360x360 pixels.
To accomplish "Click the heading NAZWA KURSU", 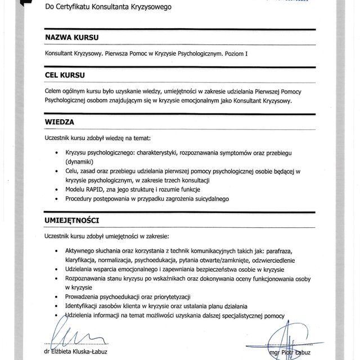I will (71, 38).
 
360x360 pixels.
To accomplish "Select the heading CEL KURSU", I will (66, 75).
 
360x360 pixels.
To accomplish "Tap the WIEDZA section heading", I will (59, 121).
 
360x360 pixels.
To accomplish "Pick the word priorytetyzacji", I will (169, 296).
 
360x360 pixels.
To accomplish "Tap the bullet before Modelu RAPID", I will (56, 190).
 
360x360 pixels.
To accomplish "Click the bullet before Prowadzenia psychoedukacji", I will (56, 297).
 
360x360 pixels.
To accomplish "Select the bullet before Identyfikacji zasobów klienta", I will (56, 306).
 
